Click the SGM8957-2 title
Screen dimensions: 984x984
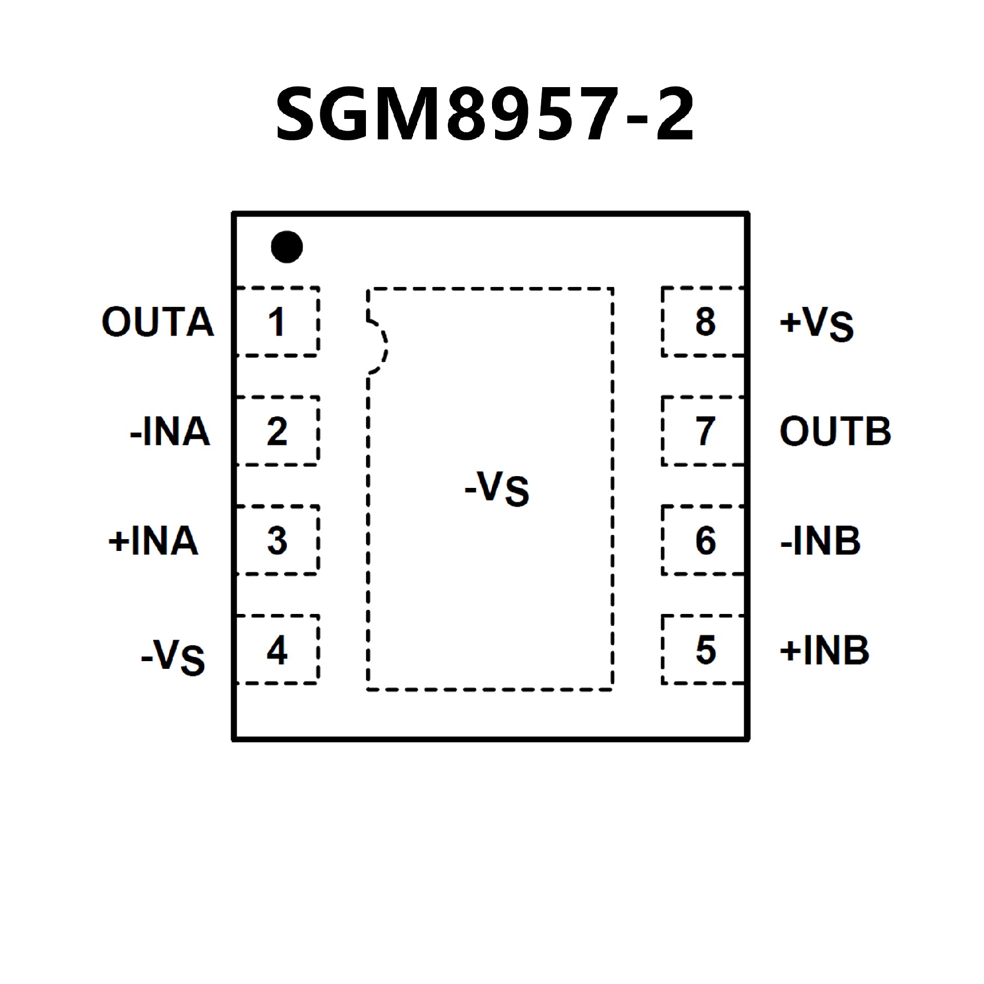point(485,114)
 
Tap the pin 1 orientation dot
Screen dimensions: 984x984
point(286,247)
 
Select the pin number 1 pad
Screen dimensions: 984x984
point(277,322)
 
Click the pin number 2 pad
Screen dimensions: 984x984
point(277,431)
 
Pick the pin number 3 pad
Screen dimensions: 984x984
point(277,540)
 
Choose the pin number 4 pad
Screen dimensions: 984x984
point(277,650)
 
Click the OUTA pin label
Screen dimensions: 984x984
point(157,322)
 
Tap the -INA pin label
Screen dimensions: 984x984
point(170,432)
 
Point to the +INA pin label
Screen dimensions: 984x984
point(153,541)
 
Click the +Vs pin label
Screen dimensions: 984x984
point(816,324)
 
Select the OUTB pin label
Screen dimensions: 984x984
point(835,432)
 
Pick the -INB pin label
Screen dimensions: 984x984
point(820,541)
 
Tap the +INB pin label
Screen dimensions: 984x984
point(824,650)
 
